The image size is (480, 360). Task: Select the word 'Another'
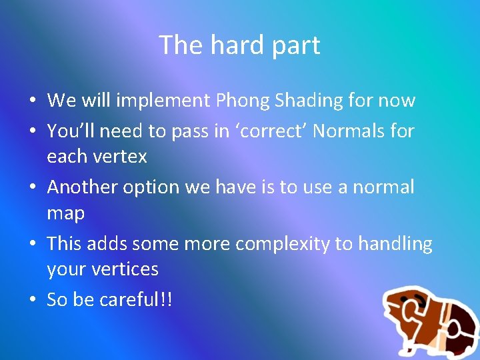[x=82, y=187]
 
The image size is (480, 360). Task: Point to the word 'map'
[x=65, y=214]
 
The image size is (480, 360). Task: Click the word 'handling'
[x=395, y=244]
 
